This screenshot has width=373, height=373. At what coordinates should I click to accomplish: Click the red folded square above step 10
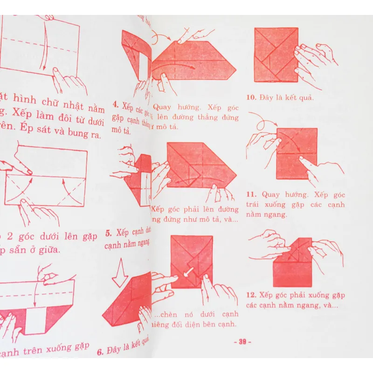point(275,54)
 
